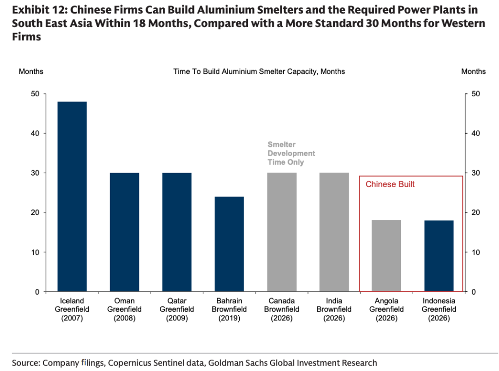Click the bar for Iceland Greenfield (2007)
72,196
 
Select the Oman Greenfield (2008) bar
124,232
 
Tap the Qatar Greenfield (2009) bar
177,232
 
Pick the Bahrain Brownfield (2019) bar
229,244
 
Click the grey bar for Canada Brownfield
282,232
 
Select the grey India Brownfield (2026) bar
334,232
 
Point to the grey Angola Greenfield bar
386,256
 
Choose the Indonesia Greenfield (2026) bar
439,256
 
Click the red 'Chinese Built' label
390,184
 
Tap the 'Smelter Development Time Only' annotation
291,153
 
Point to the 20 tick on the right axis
476,212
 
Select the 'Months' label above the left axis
31,71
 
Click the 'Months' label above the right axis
473,71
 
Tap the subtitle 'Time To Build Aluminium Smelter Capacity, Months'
259,71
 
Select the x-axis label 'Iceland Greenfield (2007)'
72,310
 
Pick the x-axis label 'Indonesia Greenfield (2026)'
439,310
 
